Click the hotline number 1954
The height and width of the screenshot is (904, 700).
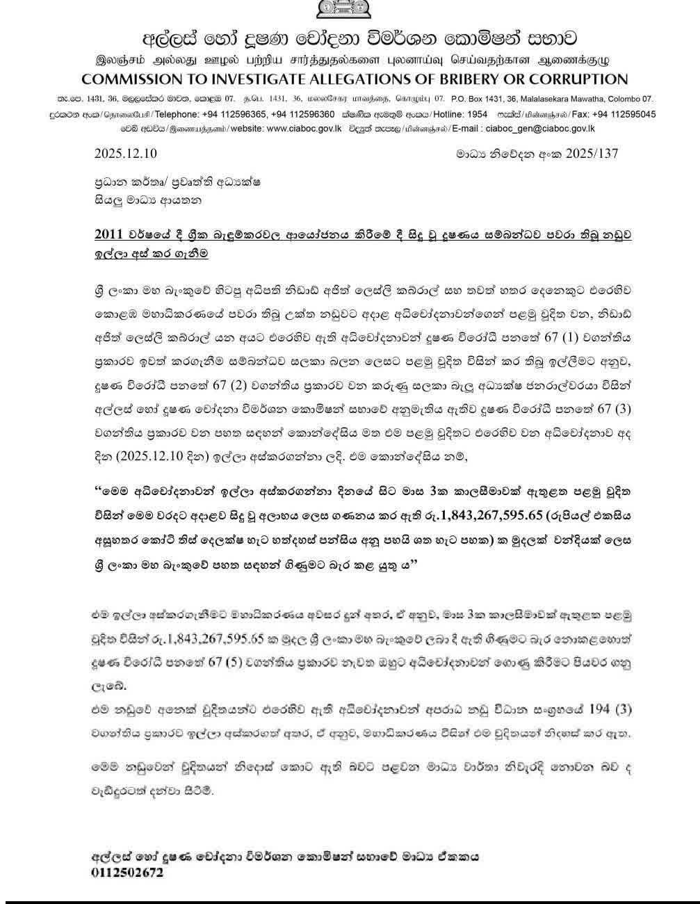(477, 114)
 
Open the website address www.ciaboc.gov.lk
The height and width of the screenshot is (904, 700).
(304, 128)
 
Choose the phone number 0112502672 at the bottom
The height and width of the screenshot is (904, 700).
(127, 872)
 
